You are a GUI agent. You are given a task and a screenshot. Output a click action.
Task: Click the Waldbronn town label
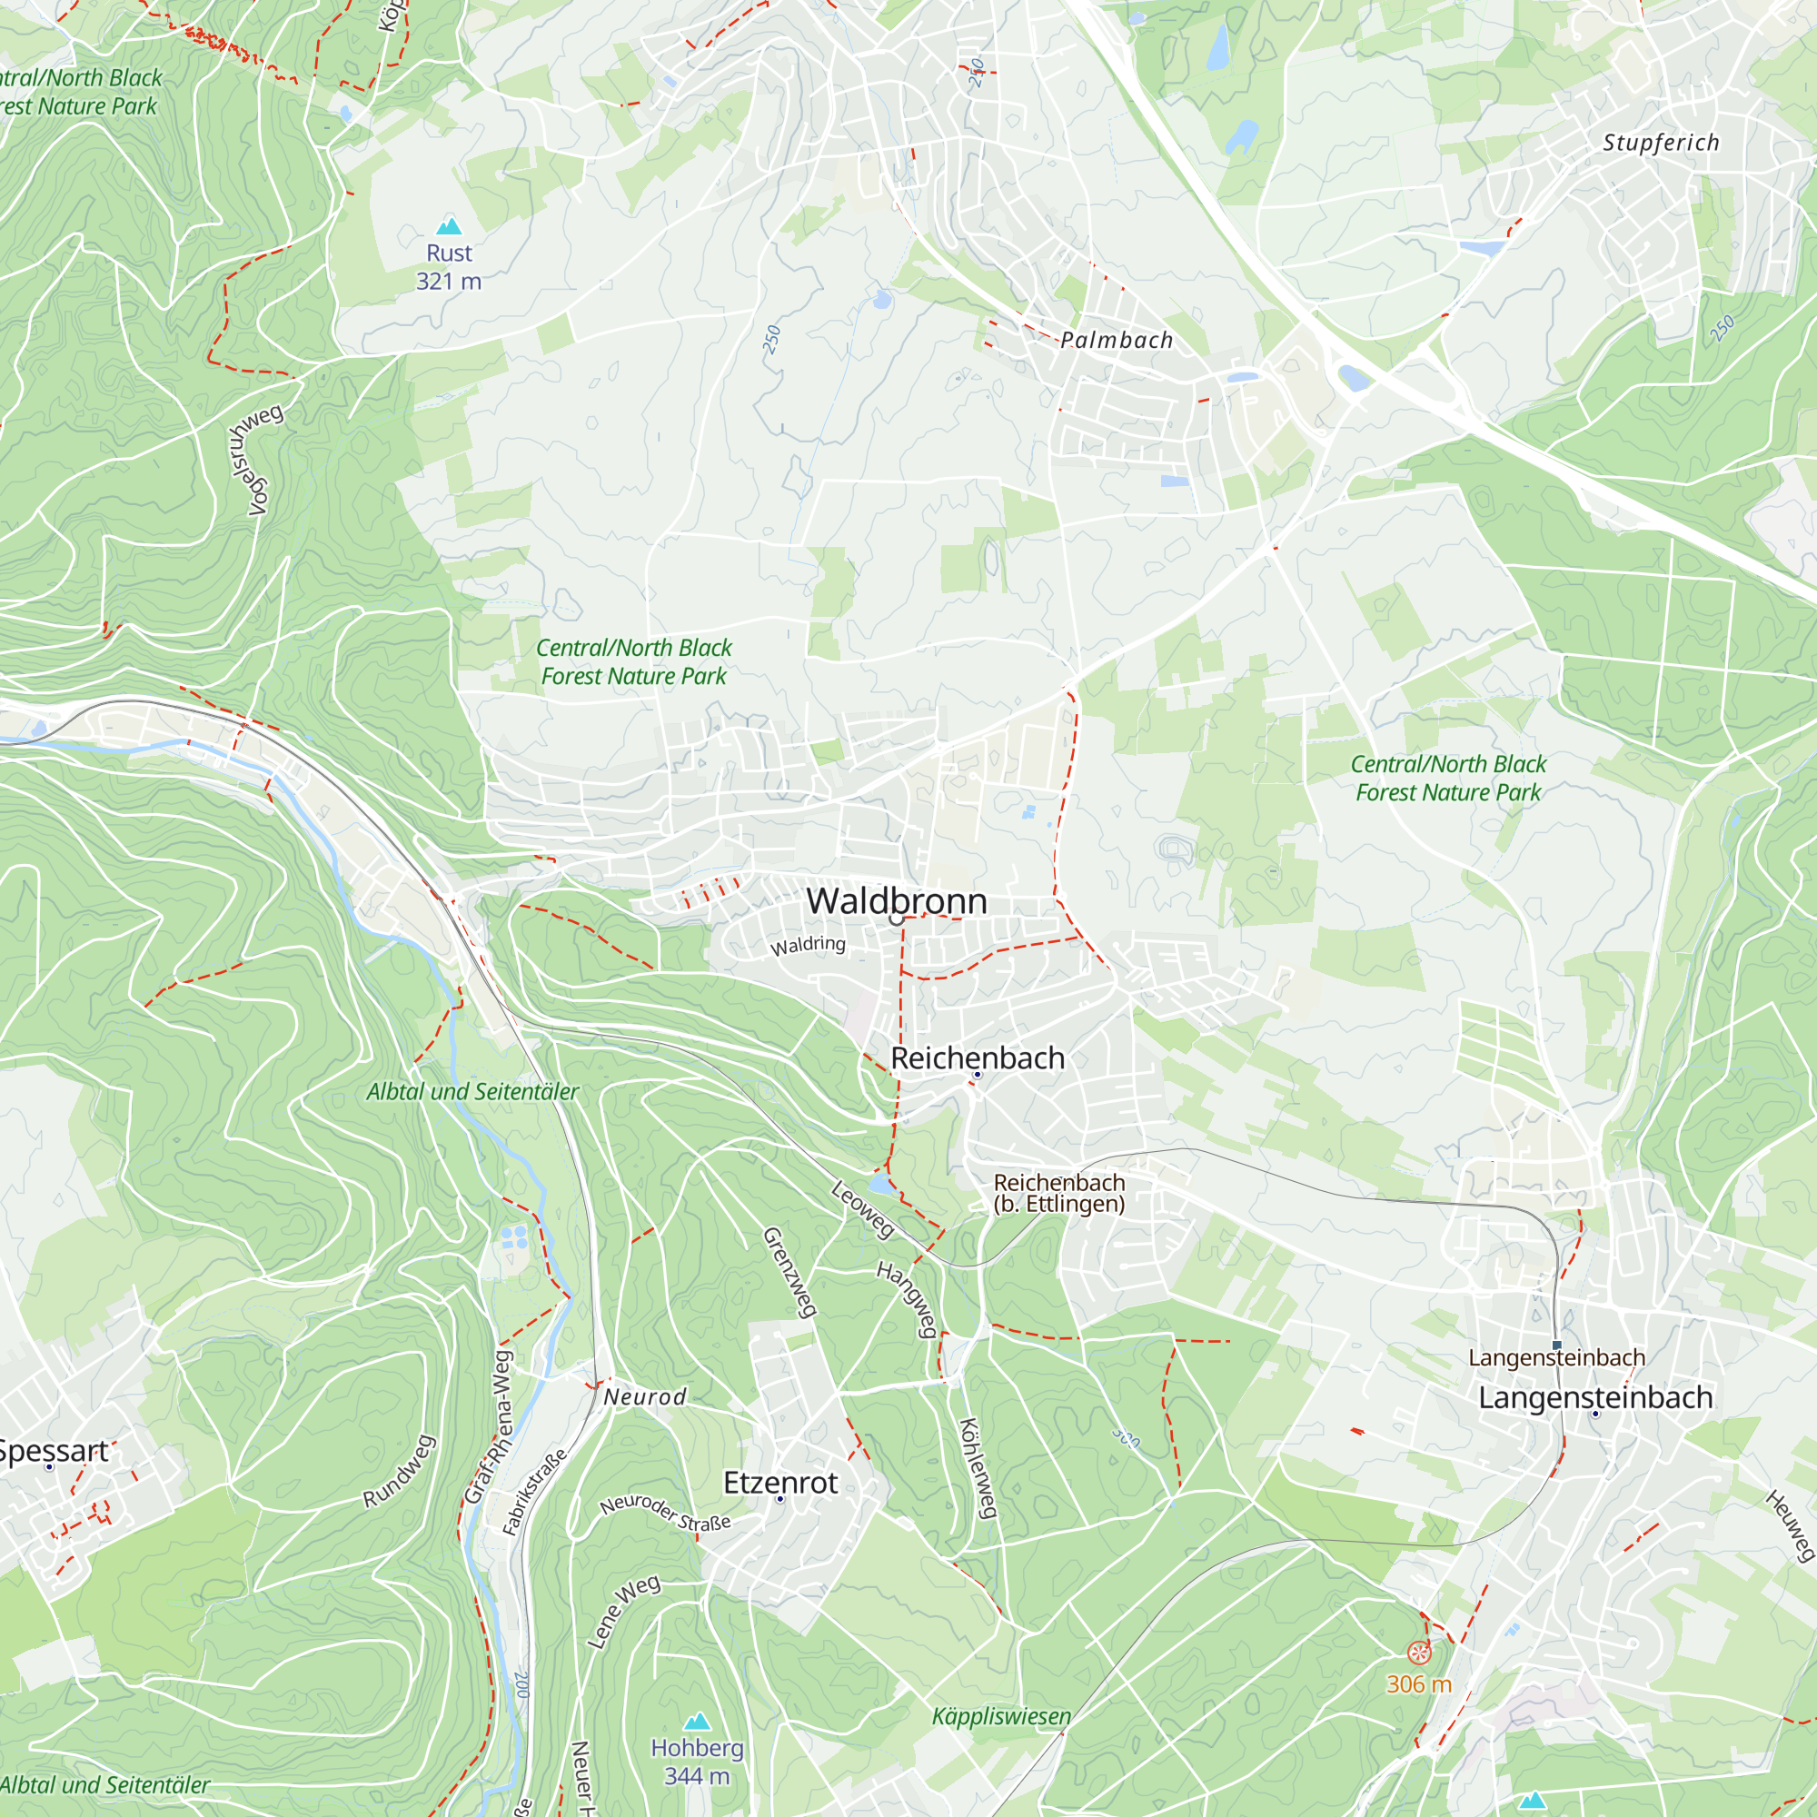tap(897, 901)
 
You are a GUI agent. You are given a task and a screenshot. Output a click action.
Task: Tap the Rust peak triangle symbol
tap(450, 225)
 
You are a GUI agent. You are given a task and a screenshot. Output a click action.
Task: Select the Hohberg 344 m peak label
tap(697, 1762)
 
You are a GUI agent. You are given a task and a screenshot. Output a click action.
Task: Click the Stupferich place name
tap(1661, 143)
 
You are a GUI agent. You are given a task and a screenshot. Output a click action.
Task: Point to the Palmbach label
tap(1117, 341)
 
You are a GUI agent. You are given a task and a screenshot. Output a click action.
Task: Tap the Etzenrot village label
tap(779, 1484)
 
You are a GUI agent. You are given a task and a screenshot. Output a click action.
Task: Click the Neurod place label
tap(645, 1397)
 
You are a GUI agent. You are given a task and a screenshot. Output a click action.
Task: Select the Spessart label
tap(54, 1451)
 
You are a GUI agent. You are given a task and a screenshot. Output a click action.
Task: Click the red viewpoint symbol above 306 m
tap(1418, 1653)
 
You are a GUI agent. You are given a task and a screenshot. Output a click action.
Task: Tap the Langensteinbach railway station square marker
tap(1556, 1345)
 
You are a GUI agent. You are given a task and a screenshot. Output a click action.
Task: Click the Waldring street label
tap(808, 944)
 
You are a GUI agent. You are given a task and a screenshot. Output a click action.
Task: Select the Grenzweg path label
tap(789, 1272)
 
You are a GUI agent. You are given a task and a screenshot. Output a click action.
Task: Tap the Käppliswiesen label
tap(1000, 1716)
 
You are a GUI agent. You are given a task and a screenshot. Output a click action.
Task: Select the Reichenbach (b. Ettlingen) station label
tap(1059, 1193)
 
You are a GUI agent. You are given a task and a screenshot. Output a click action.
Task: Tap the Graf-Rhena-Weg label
tap(490, 1426)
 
